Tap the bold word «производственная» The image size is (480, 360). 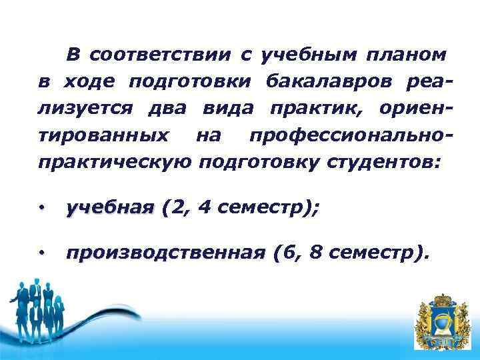coord(165,253)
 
